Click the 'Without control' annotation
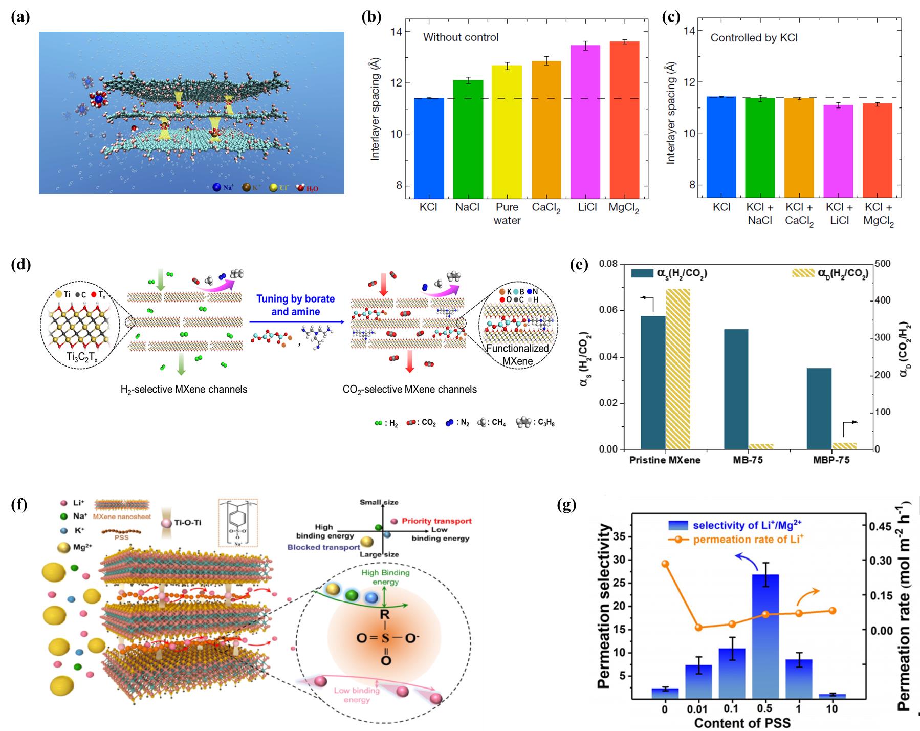(x=461, y=37)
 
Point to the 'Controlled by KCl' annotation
(x=754, y=38)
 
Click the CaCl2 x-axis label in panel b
(x=547, y=208)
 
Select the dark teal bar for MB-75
(x=736, y=389)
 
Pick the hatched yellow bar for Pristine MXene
(x=678, y=369)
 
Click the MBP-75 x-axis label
(x=831, y=460)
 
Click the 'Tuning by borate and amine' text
(x=295, y=305)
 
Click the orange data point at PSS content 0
(x=665, y=564)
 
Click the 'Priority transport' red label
(x=436, y=521)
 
